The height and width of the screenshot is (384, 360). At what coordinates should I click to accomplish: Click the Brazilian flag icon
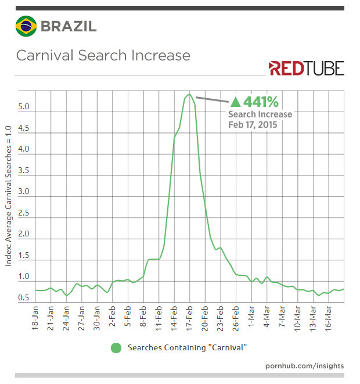26,26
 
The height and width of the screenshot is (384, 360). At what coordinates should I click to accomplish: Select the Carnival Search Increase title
103,56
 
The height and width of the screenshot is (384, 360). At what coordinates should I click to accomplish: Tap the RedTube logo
306,68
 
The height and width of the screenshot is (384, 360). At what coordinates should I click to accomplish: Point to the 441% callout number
261,102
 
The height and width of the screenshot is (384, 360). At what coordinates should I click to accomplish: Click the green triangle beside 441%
236,102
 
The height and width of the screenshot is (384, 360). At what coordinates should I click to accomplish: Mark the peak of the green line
189,95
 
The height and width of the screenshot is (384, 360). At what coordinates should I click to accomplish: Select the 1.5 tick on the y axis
24,256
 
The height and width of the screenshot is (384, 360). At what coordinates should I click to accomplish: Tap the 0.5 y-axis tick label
24,298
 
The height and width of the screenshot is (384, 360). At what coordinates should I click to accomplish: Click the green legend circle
116,347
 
